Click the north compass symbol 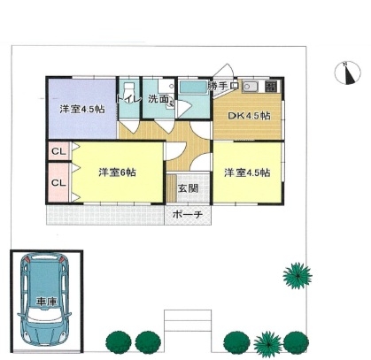(348, 73)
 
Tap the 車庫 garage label (46, 302)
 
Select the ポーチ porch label (188, 214)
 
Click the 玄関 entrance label (188, 188)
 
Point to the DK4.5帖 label (249, 116)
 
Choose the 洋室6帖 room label (117, 172)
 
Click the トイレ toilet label (128, 98)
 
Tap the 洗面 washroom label (158, 99)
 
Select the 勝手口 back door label (223, 86)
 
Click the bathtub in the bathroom (194, 88)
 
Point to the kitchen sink (250, 87)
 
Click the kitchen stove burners (271, 86)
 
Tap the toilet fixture (129, 89)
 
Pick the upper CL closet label (58, 151)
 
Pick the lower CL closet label (58, 183)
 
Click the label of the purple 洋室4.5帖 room (82, 110)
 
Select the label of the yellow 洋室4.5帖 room (247, 172)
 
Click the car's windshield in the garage (44, 317)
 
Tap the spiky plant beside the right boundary (298, 276)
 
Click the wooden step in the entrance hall (172, 188)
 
